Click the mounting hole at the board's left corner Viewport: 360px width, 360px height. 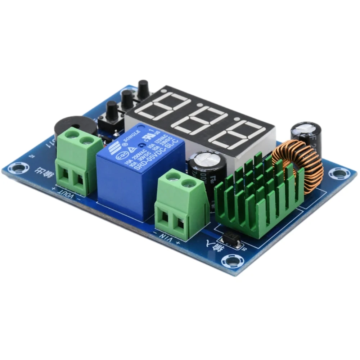coord(17,167)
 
